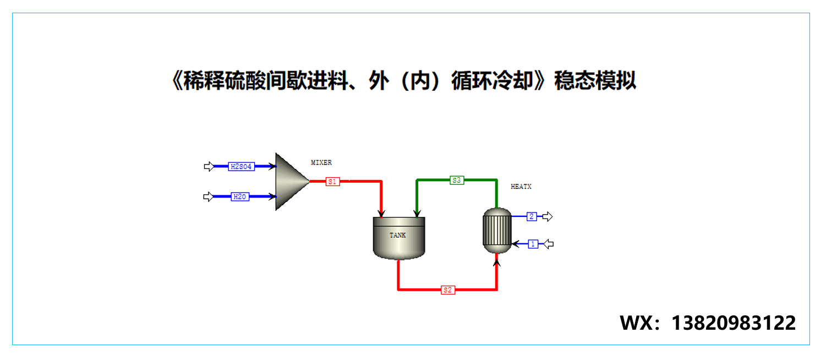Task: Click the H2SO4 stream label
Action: (x=241, y=166)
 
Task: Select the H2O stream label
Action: (x=239, y=197)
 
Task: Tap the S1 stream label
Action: (x=332, y=181)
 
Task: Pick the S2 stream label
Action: (x=448, y=290)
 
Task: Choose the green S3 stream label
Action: (x=457, y=180)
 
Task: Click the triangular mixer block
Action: (x=291, y=181)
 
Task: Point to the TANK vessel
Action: (x=399, y=237)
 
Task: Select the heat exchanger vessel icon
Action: (x=496, y=231)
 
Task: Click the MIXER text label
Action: (x=321, y=162)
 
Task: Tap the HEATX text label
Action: (x=521, y=187)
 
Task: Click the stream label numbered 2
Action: (x=532, y=216)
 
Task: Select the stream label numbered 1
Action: (x=533, y=244)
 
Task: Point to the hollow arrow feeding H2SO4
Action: (x=209, y=166)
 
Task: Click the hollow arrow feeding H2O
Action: (x=209, y=197)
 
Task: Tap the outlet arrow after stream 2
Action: (x=547, y=216)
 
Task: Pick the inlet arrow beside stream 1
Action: (x=548, y=244)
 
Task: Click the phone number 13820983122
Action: (x=733, y=323)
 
